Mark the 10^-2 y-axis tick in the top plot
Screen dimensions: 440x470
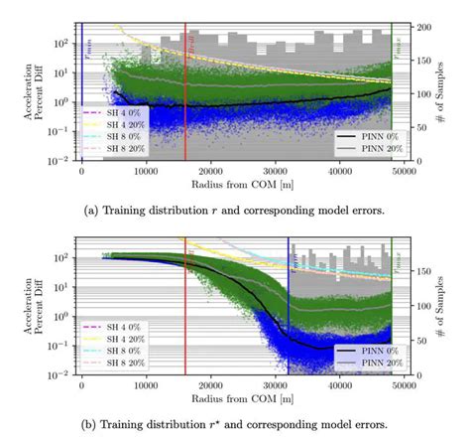click(x=62, y=161)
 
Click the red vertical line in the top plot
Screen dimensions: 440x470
click(x=185, y=89)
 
